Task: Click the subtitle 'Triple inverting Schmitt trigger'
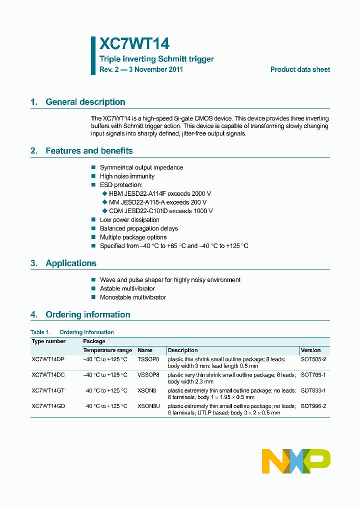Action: point(156,59)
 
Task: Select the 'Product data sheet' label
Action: point(300,69)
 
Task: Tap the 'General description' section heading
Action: point(85,102)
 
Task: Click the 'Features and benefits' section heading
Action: point(89,150)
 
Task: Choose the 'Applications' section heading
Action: point(70,263)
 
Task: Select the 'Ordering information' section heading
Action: point(87,314)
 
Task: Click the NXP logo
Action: point(296,461)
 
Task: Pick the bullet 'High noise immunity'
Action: point(127,176)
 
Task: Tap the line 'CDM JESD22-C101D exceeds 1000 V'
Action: point(160,211)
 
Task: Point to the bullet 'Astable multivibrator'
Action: point(127,288)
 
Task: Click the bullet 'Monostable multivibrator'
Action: point(132,297)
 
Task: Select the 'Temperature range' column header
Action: point(107,350)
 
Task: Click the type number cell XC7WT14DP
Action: point(48,359)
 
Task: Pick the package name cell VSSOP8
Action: point(148,374)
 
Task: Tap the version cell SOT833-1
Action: point(313,390)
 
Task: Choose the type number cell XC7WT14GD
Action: point(48,406)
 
